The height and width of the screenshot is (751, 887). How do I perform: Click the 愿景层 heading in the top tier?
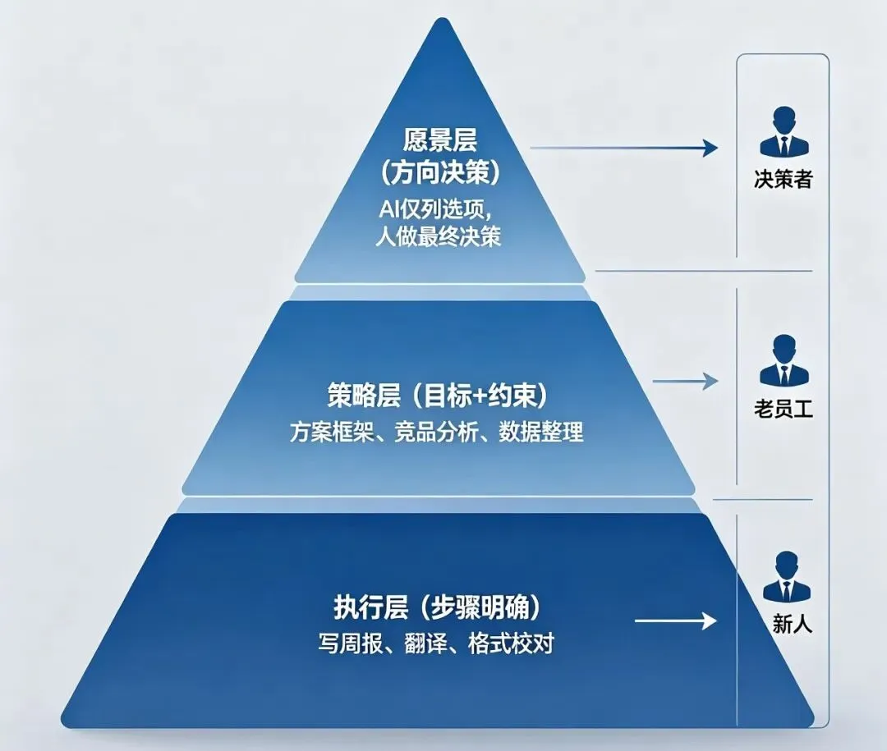click(439, 140)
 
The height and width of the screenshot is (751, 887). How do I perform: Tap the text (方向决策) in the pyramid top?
click(439, 173)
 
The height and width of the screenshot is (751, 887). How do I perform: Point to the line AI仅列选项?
click(435, 210)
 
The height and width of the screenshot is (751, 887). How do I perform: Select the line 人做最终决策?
click(439, 236)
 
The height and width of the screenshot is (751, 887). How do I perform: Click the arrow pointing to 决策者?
click(623, 149)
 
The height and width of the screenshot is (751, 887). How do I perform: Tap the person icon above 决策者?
click(784, 131)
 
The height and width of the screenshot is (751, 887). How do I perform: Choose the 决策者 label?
click(783, 179)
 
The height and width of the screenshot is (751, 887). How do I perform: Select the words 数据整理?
click(540, 432)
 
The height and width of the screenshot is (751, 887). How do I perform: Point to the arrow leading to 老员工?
click(685, 381)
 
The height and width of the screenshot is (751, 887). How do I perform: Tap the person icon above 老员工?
click(784, 359)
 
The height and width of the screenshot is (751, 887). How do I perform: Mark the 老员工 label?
click(783, 408)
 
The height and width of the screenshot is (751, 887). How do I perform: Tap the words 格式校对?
click(511, 643)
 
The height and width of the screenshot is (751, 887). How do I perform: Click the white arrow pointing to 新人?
click(675, 620)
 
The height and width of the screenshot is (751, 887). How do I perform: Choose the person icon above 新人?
click(786, 577)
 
